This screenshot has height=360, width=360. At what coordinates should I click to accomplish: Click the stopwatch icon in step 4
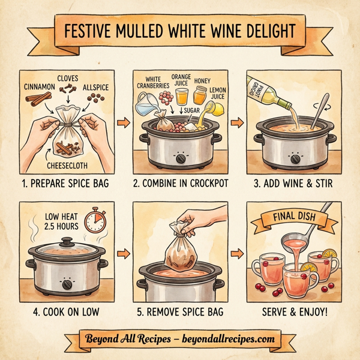(x=95, y=221)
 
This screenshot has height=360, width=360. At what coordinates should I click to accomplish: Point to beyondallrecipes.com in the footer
(x=226, y=339)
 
